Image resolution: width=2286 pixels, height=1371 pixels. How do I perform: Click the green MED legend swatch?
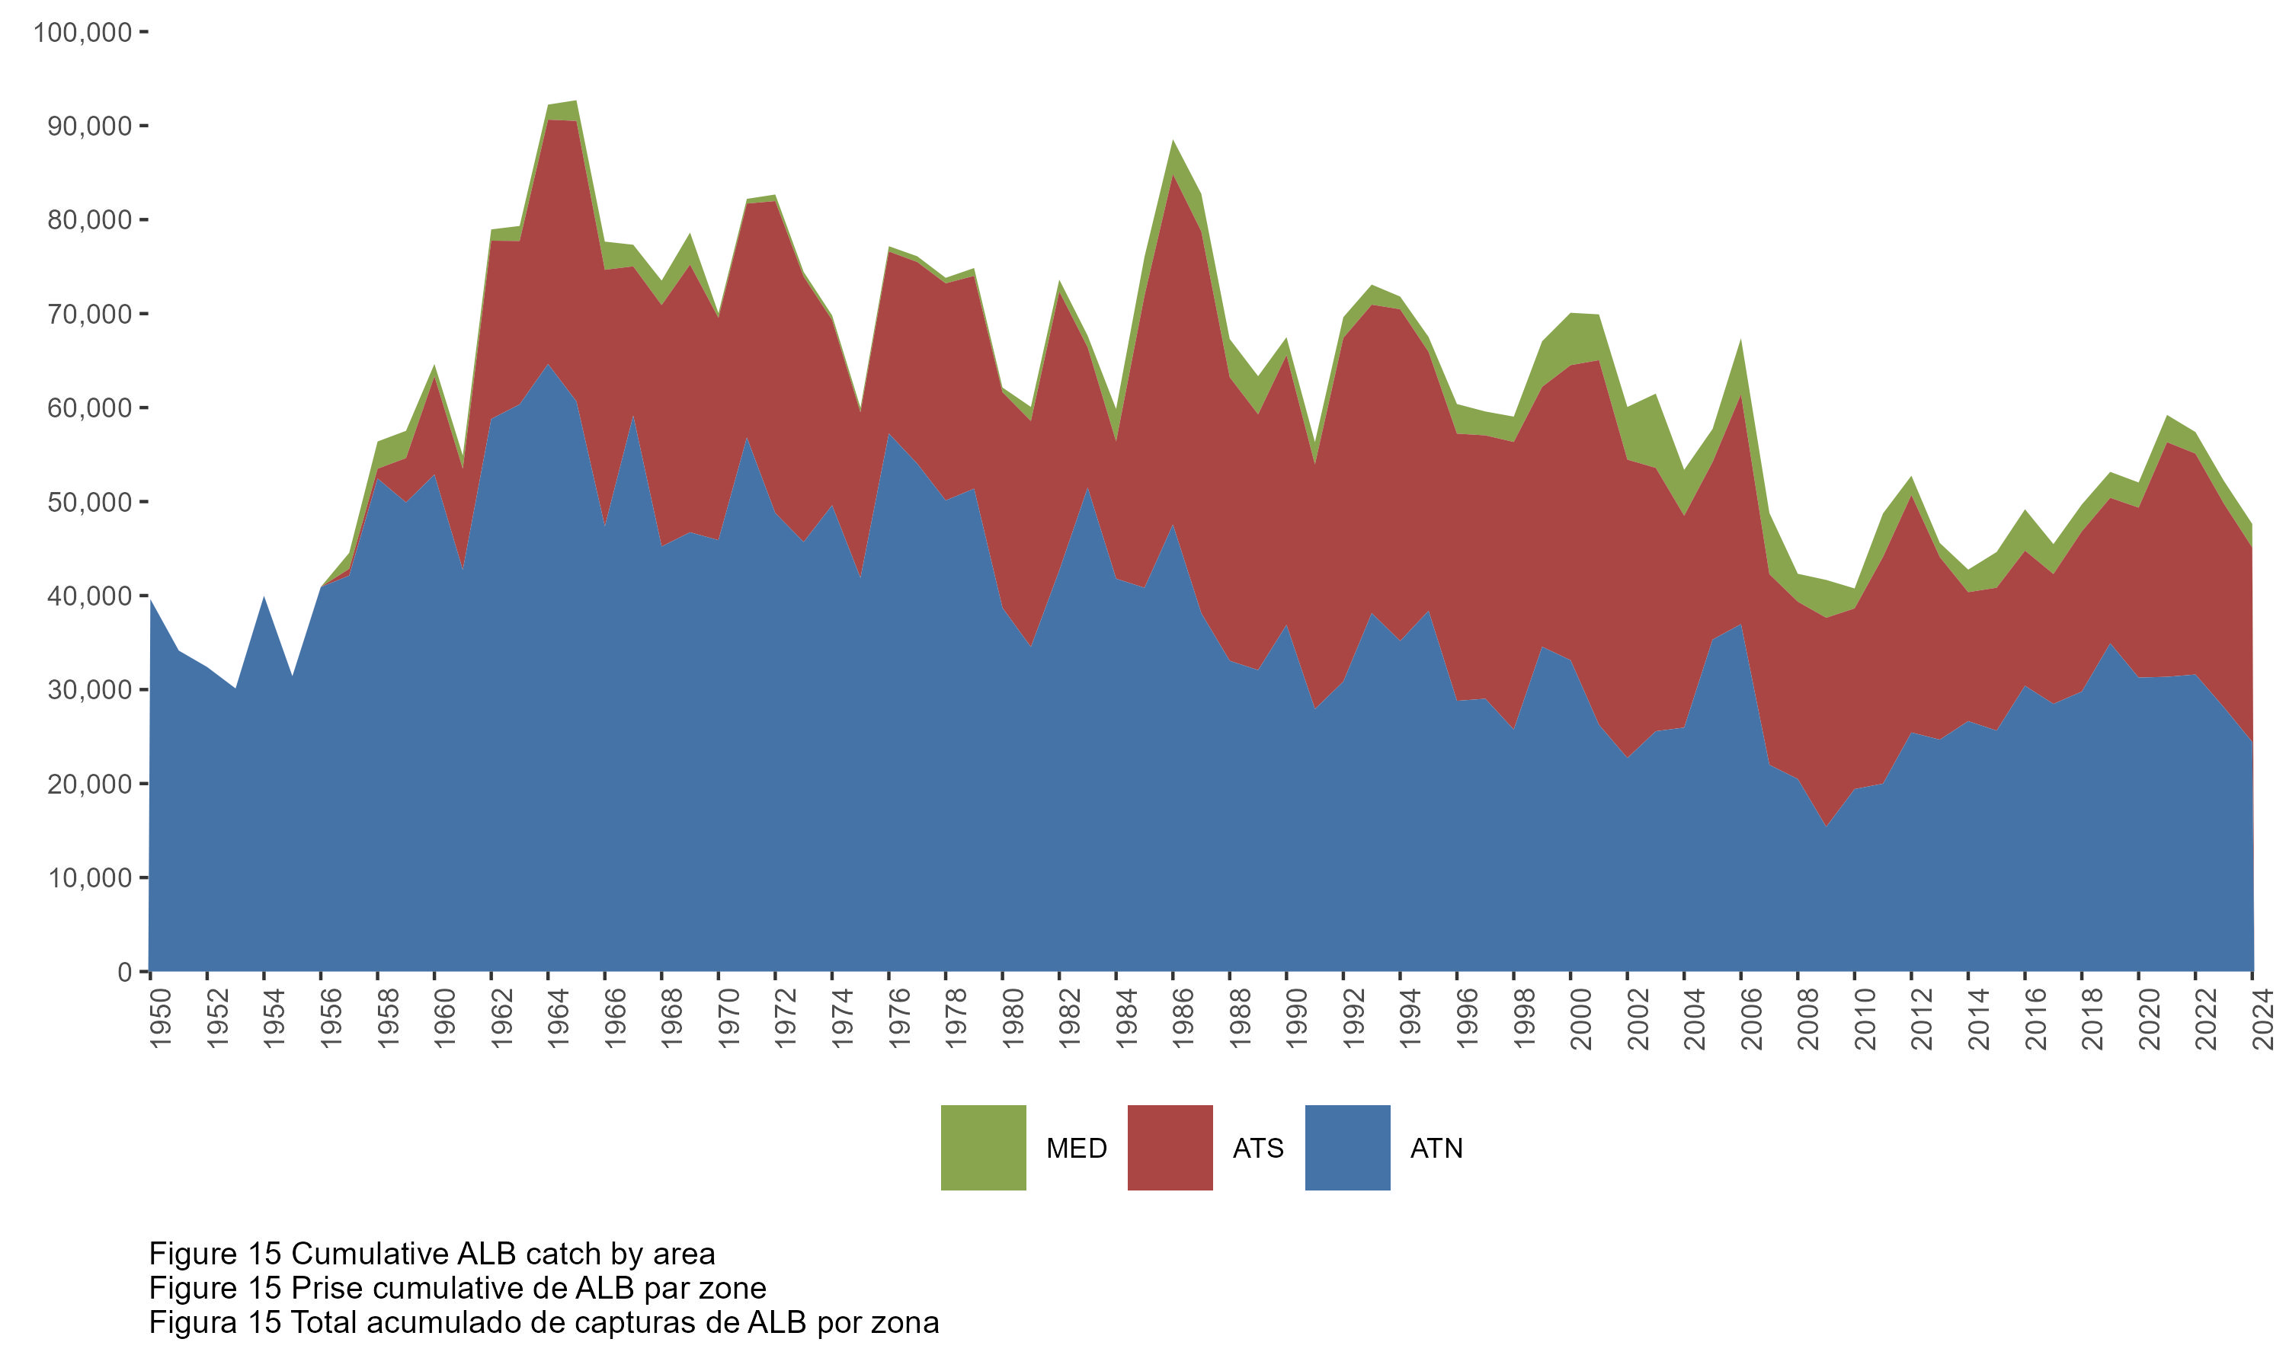click(983, 1147)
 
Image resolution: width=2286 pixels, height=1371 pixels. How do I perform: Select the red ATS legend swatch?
click(1170, 1147)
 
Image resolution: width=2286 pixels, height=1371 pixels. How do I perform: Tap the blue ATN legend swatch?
click(1347, 1147)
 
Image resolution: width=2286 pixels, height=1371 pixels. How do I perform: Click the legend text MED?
click(1077, 1149)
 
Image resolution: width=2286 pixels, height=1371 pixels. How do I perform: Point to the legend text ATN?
click(1436, 1149)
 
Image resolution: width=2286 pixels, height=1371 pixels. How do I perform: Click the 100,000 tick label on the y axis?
click(82, 32)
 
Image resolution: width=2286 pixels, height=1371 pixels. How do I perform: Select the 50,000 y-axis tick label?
click(90, 502)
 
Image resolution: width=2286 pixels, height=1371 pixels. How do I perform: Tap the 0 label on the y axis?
click(125, 972)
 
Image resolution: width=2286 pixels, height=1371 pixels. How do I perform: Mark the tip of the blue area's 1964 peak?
click(549, 364)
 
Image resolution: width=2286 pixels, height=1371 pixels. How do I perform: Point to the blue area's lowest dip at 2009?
click(1827, 826)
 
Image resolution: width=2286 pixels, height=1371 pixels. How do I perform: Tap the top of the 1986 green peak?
click(1173, 140)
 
